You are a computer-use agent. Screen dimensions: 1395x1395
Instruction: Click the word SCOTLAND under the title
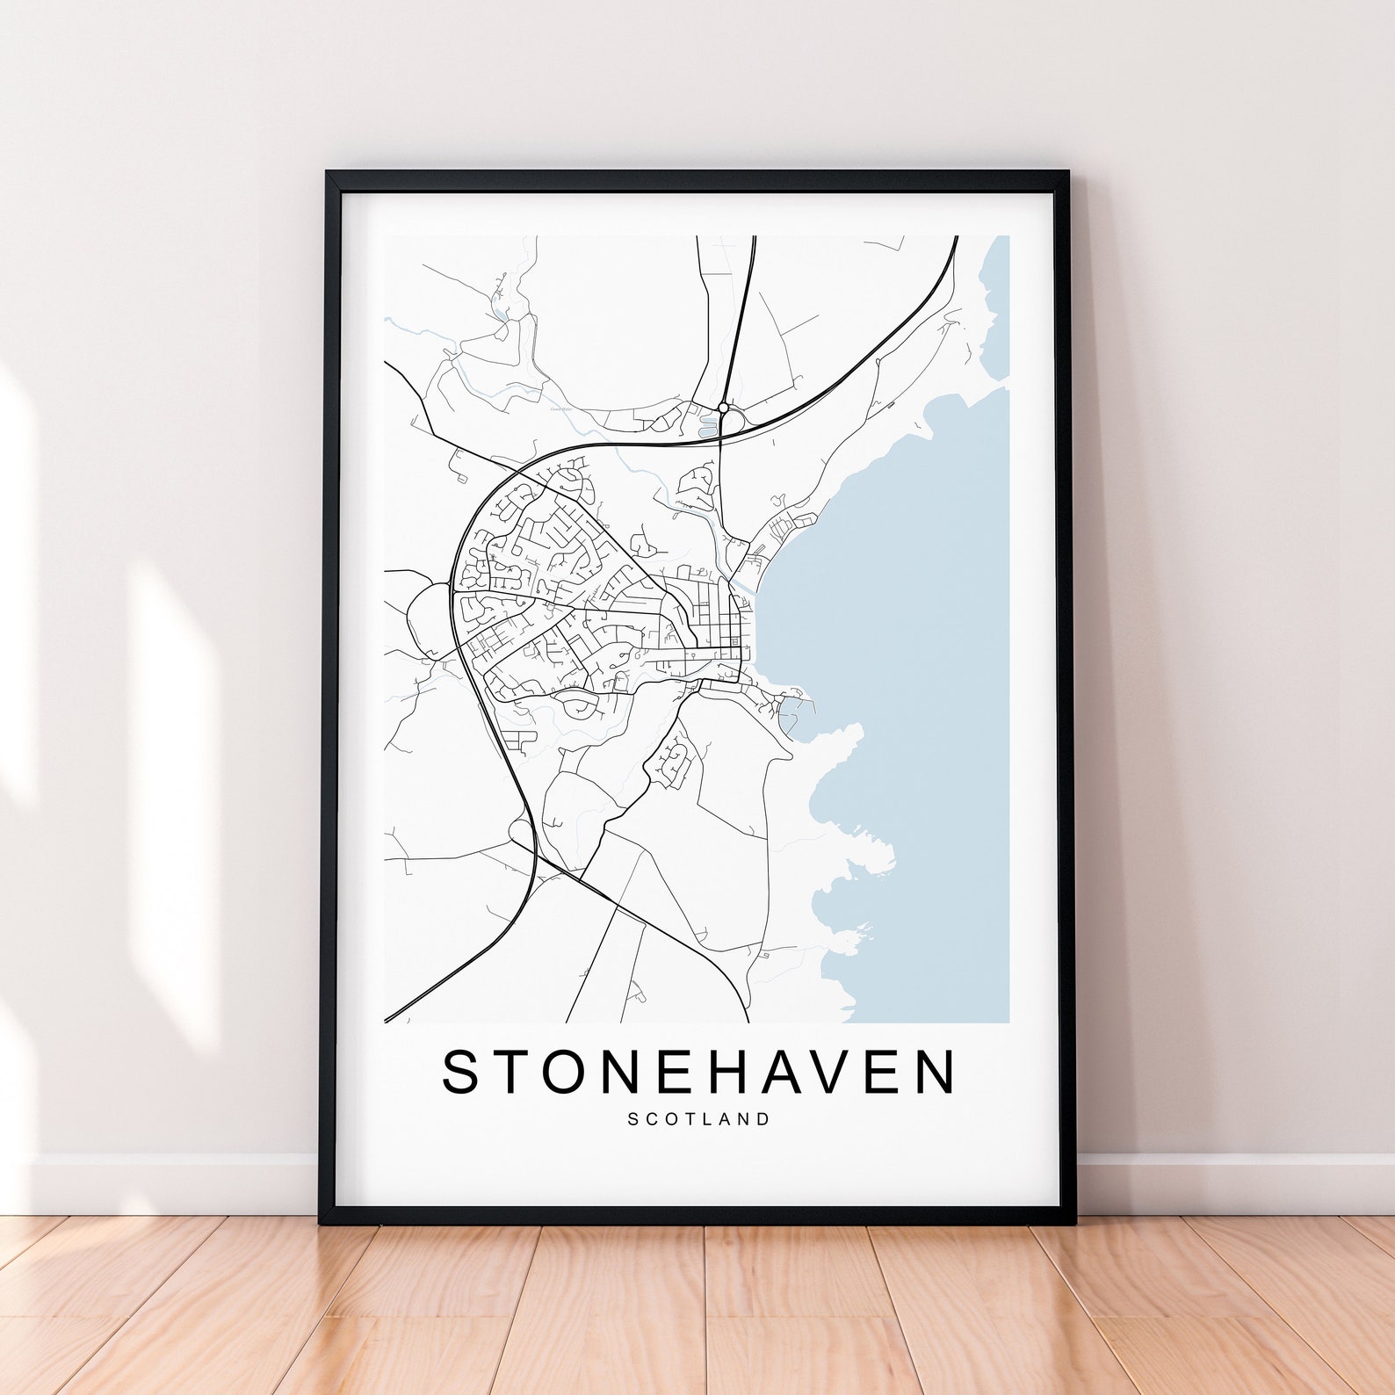[x=698, y=1119]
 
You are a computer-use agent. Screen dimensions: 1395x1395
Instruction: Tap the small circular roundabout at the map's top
[x=723, y=408]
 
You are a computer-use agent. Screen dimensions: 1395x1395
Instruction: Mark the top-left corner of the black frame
[x=328, y=174]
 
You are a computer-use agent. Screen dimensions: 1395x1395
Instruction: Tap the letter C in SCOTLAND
[x=652, y=1119]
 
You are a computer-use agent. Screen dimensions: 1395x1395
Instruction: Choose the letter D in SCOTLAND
[x=764, y=1119]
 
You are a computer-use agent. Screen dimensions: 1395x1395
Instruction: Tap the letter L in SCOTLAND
[x=711, y=1119]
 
